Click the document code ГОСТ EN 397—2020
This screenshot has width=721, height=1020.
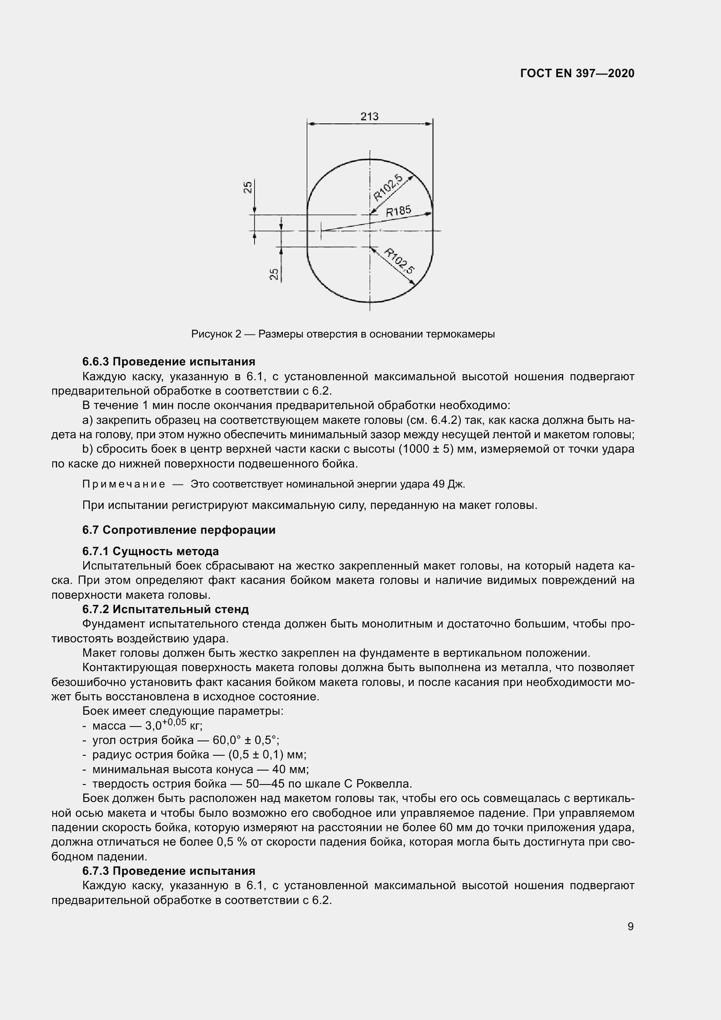tap(577, 73)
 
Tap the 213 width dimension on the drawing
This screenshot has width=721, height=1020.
tap(369, 116)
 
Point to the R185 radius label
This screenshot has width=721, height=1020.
tap(398, 211)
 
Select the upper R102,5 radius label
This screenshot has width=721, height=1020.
tap(388, 188)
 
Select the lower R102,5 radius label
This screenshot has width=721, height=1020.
tap(399, 261)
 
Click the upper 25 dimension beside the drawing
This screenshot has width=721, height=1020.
tap(248, 187)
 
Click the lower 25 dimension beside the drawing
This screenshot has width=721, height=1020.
tap(275, 274)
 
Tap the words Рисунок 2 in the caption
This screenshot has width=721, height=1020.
tap(216, 334)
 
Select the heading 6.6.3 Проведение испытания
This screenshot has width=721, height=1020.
tap(169, 362)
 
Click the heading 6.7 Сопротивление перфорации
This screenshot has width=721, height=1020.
tap(178, 530)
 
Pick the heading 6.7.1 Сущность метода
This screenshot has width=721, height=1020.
tap(150, 551)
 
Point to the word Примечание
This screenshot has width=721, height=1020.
tap(124, 484)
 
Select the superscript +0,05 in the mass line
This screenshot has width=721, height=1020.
tap(174, 722)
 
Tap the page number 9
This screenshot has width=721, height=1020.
tap(630, 926)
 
